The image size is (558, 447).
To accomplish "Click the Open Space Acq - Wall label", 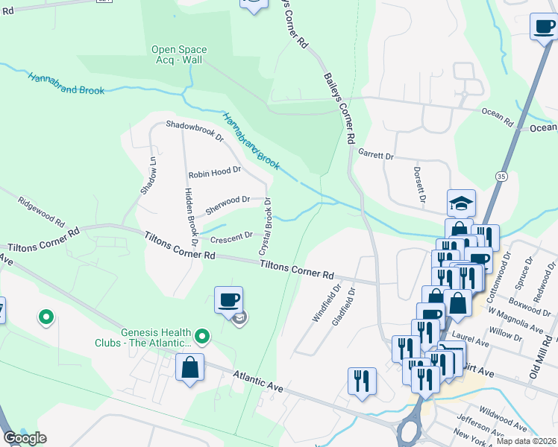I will tap(179, 55).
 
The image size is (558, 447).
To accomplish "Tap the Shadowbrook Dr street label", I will tap(195, 131).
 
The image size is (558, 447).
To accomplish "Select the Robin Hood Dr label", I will tap(215, 171).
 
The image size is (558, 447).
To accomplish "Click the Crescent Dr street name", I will tap(232, 238).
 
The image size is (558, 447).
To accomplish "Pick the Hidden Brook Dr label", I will tap(189, 216).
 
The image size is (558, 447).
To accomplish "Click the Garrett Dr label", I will tap(375, 155).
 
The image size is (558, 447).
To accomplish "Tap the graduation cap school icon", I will tap(461, 202).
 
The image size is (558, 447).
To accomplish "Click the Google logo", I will tap(24, 438).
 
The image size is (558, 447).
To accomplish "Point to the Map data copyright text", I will tap(525, 441).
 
